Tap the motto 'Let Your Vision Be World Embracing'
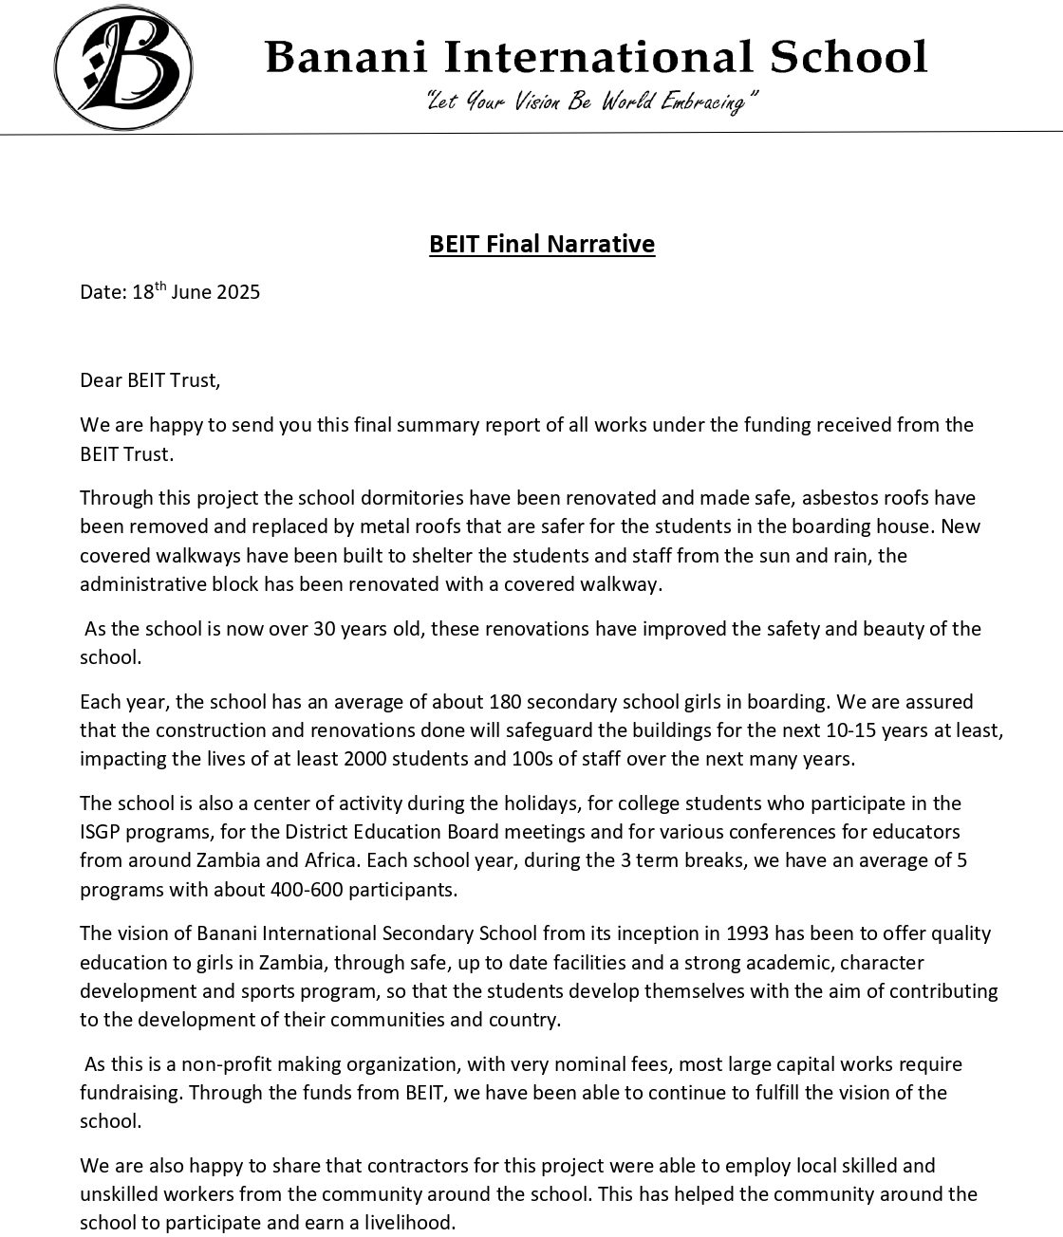coord(592,101)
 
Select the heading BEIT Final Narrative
coord(541,244)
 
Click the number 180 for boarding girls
coord(503,702)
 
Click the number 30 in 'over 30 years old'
coord(327,628)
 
